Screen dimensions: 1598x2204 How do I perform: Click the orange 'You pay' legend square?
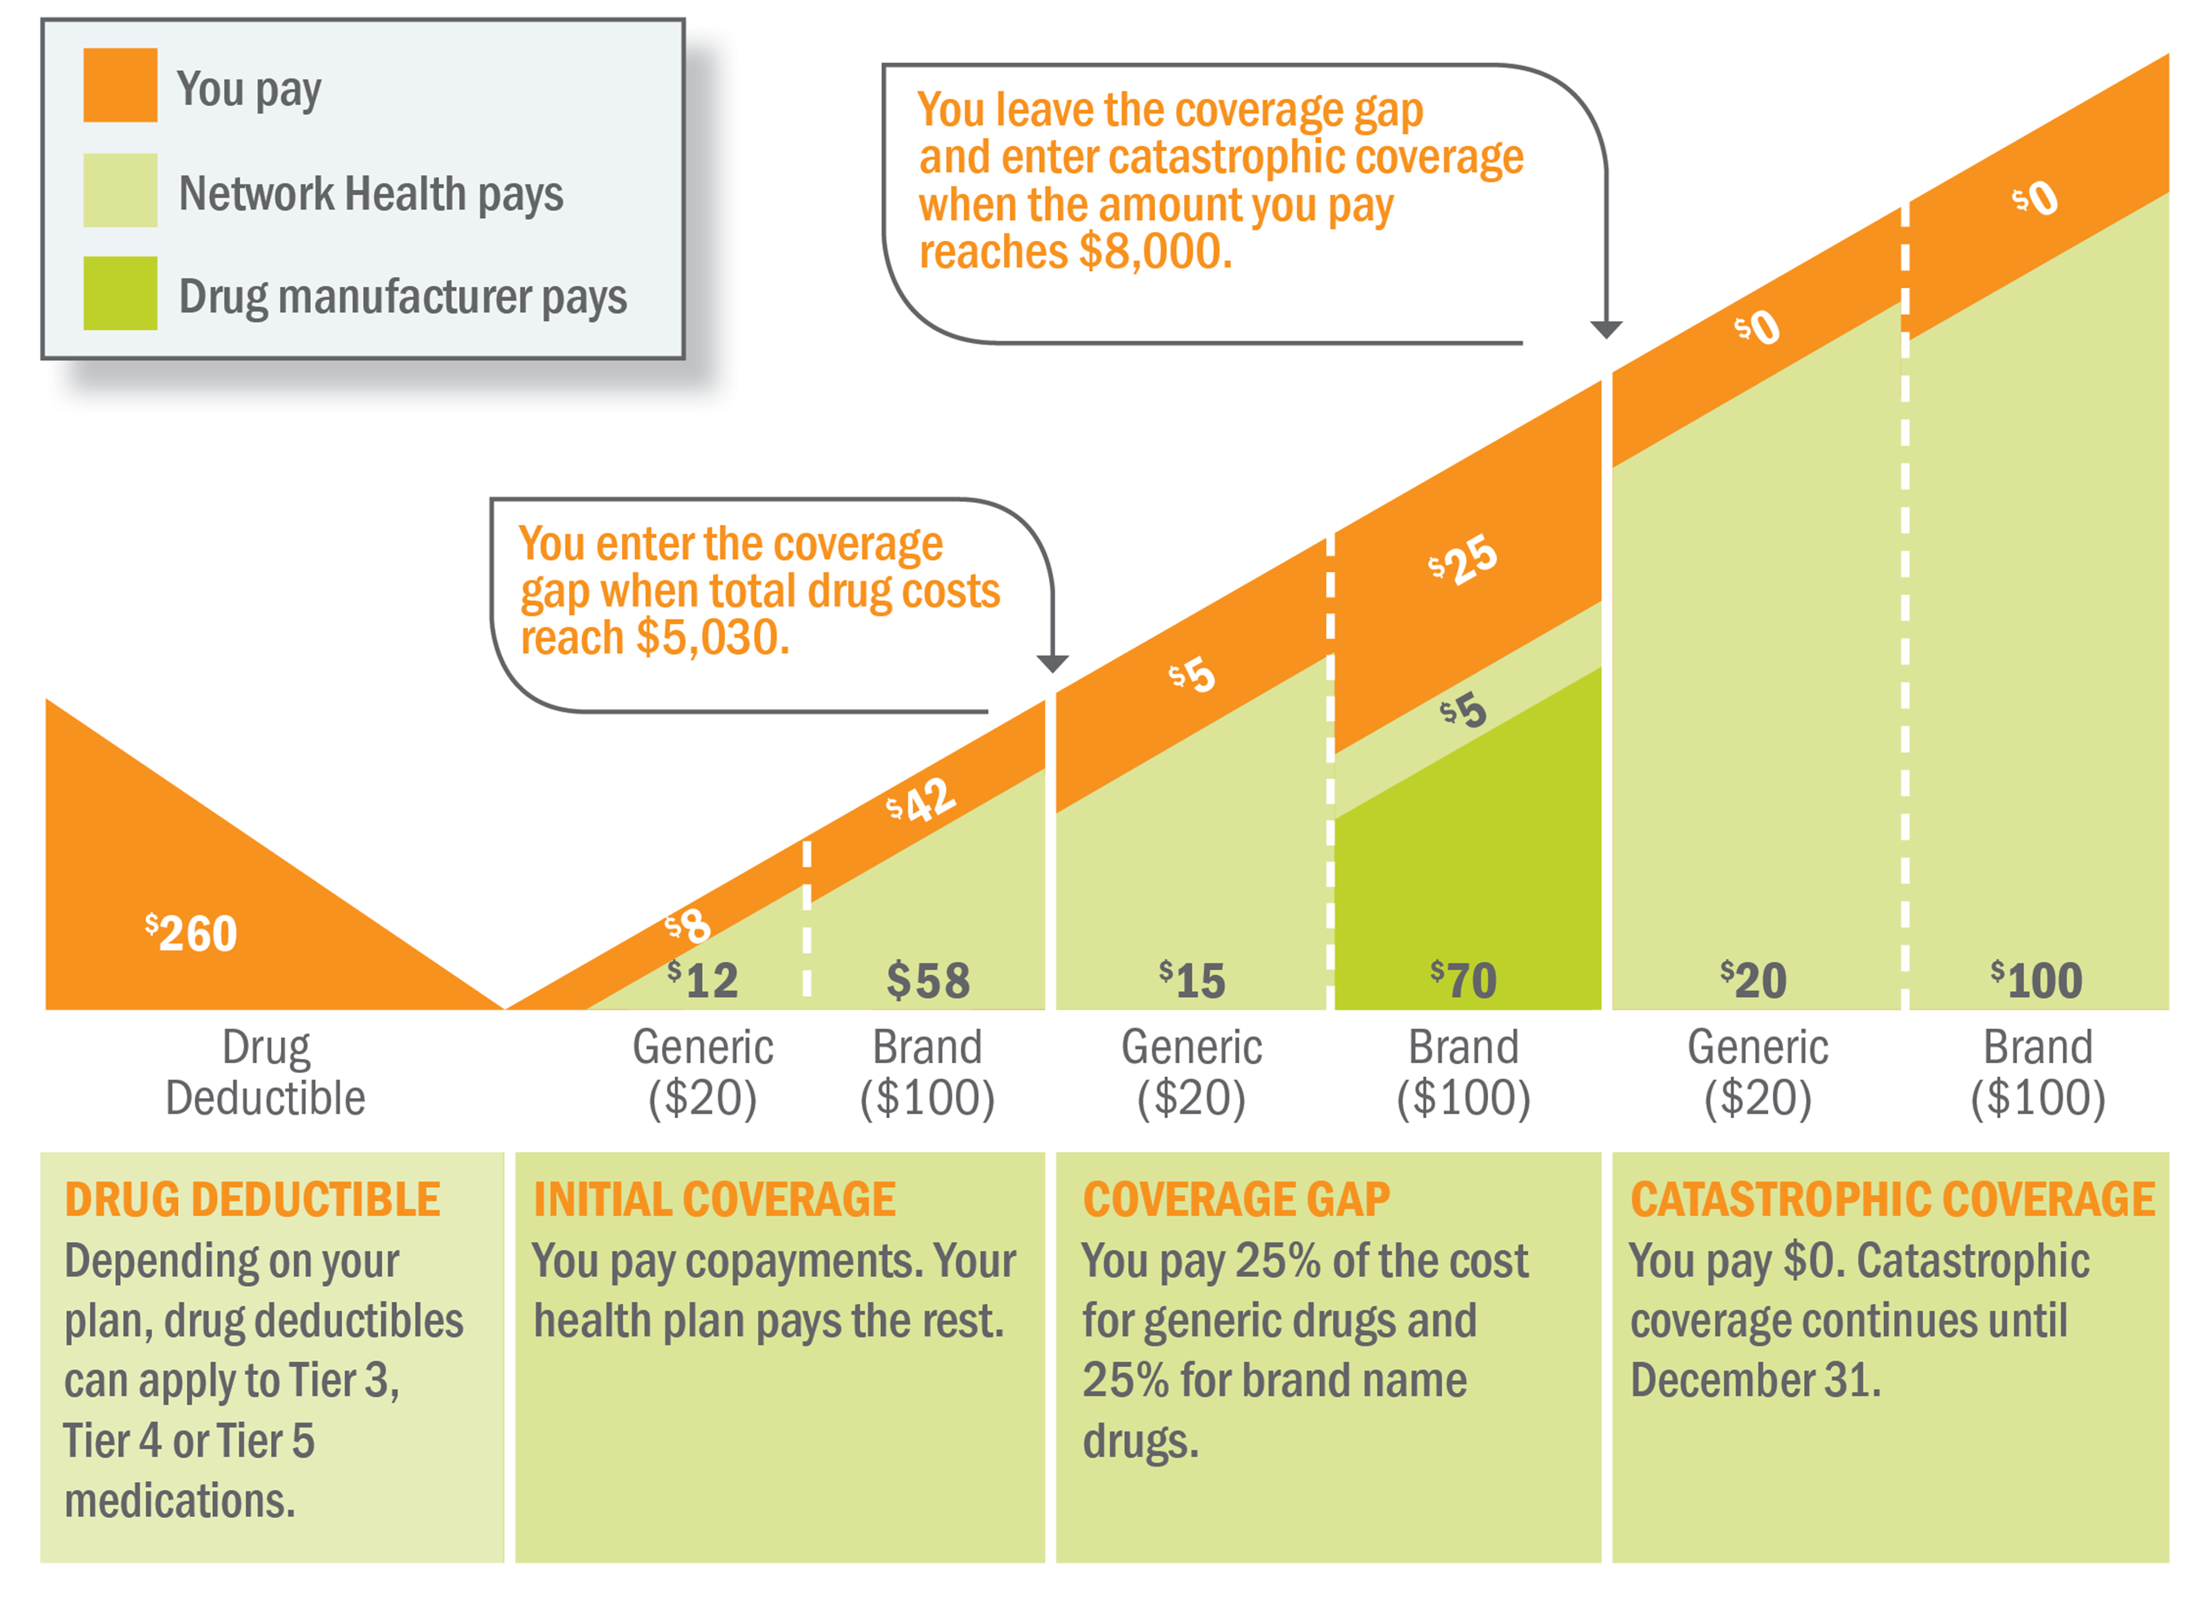pos(119,86)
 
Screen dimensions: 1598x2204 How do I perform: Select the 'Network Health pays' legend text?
pos(371,194)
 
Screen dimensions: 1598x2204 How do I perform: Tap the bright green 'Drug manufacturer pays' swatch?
pos(119,292)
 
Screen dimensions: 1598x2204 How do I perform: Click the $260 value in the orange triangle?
pos(192,934)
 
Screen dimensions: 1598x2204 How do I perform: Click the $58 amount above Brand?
pos(928,980)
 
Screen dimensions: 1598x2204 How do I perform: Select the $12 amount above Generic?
pos(703,980)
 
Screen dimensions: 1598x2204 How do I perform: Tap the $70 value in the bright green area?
pos(1464,980)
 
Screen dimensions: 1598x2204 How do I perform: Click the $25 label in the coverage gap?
pos(1463,561)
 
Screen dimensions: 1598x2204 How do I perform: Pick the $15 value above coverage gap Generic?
pos(1193,980)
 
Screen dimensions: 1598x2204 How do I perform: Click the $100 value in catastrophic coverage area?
pos(2037,980)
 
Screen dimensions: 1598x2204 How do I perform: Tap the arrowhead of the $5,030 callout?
pos(1052,664)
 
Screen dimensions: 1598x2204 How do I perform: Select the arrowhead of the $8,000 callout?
pos(1606,330)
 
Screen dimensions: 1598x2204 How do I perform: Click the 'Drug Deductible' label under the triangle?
pos(265,1073)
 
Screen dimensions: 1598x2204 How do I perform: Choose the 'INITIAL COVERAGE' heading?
pos(714,1200)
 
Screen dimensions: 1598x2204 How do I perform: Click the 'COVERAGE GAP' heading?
pos(1236,1200)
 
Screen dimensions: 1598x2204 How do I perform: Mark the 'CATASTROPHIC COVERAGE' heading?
pos(1892,1200)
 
